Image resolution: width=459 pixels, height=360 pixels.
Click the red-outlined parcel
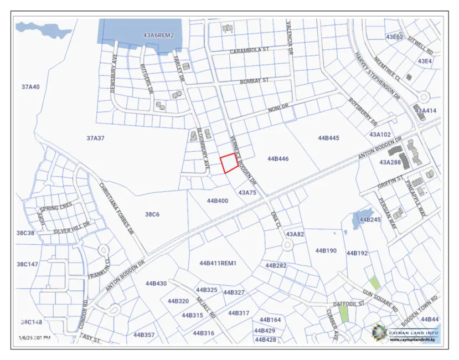pyautogui.click(x=229, y=164)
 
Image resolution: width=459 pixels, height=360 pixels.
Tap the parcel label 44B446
pyautogui.click(x=278, y=159)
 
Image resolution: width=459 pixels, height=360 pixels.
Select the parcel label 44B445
pyautogui.click(x=328, y=137)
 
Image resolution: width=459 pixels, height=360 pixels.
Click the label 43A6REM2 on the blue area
pyautogui.click(x=158, y=35)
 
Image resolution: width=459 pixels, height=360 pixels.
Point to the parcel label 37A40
pyautogui.click(x=31, y=87)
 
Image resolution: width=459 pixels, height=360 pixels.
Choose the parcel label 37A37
pyautogui.click(x=95, y=138)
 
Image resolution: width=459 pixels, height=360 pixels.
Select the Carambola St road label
pyautogui.click(x=249, y=50)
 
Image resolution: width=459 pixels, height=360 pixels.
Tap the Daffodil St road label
pyautogui.click(x=349, y=304)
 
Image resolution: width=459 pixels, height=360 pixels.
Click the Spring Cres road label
pyautogui.click(x=55, y=206)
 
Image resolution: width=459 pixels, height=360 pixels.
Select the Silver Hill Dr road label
pyautogui.click(x=71, y=228)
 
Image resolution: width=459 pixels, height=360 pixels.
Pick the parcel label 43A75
pyautogui.click(x=247, y=192)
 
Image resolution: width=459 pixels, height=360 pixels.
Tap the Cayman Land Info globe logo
pyautogui.click(x=379, y=332)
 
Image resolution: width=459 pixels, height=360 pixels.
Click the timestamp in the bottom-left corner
pyautogui.click(x=34, y=337)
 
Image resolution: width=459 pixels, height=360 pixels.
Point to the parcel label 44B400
pyautogui.click(x=217, y=200)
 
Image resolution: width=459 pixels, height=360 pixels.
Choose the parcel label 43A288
pyautogui.click(x=390, y=162)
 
